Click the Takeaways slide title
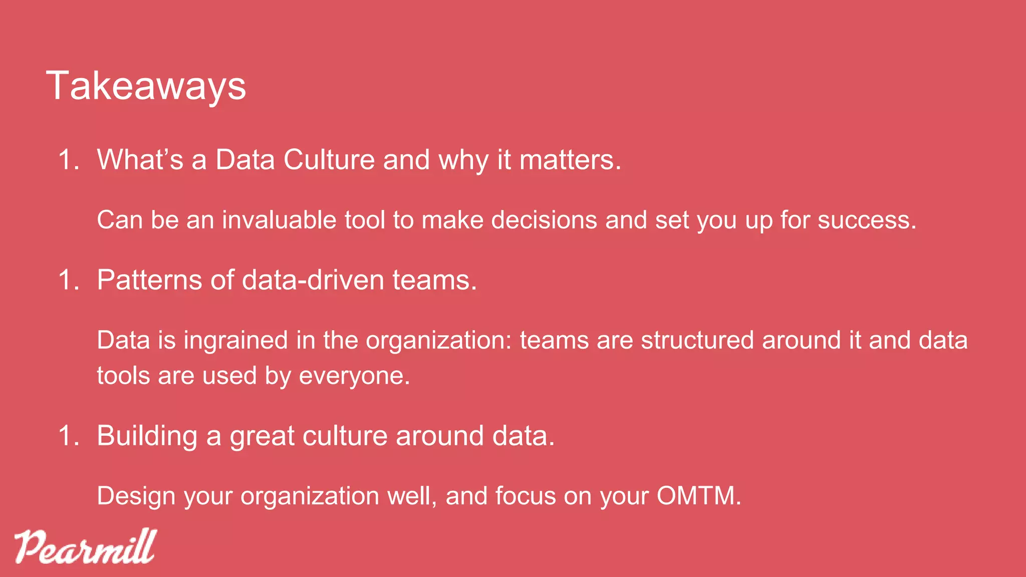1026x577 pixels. tap(146, 86)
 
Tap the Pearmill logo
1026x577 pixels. tap(85, 546)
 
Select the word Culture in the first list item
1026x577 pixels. tap(329, 160)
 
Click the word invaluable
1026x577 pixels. tap(279, 220)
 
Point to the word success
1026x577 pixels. tap(867, 220)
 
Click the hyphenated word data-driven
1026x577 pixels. tap(313, 279)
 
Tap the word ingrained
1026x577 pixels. tap(235, 340)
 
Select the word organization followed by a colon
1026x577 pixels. tap(438, 341)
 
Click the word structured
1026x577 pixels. tap(697, 340)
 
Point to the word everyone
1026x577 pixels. tap(354, 376)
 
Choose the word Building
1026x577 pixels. tap(147, 436)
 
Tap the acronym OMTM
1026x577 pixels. tap(698, 496)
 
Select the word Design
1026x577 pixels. tap(136, 496)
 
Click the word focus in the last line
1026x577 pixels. tap(526, 496)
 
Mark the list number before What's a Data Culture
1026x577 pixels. tap(69, 160)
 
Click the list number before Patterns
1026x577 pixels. tap(69, 280)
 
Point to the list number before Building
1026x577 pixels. tap(69, 436)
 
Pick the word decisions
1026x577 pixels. tap(544, 220)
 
